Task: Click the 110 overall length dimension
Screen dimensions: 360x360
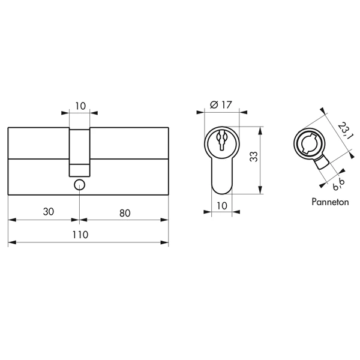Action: [80, 235]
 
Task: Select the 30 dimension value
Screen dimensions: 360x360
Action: [49, 212]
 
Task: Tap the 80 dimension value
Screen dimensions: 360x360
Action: [125, 213]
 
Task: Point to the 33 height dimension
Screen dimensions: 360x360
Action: [254, 157]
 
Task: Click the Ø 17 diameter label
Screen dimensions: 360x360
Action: [221, 105]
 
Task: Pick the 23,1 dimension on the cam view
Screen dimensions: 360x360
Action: [346, 131]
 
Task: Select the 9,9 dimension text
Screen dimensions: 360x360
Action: [339, 185]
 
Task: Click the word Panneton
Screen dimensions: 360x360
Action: [330, 202]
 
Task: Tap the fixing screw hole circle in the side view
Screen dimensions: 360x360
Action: [79, 185]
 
